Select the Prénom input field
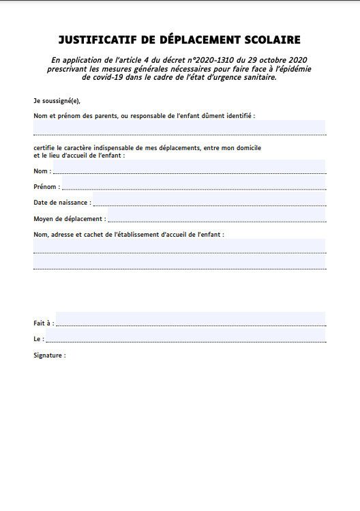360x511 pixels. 194,184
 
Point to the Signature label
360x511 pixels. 50,355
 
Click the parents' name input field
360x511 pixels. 179,128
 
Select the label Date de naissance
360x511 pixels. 61,203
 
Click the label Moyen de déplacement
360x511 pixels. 69,219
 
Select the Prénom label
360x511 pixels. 46,186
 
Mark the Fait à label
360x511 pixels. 42,322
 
